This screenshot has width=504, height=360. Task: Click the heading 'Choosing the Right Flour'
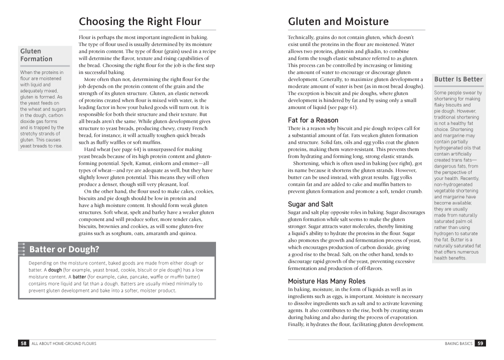click(140, 21)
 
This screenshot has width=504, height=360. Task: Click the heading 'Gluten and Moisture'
click(338, 21)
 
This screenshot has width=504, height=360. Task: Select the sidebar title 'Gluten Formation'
click(36, 55)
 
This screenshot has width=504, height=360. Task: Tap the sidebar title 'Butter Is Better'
click(458, 79)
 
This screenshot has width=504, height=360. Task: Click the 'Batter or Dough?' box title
click(64, 249)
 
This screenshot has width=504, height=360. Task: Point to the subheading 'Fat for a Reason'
click(313, 120)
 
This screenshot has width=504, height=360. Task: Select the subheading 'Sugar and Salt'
click(310, 204)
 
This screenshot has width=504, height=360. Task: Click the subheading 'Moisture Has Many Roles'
click(326, 281)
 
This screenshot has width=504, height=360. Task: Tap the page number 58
click(23, 343)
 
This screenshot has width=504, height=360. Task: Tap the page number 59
click(480, 343)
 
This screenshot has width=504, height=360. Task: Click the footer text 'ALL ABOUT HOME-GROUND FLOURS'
click(64, 343)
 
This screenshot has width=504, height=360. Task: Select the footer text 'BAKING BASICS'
click(458, 343)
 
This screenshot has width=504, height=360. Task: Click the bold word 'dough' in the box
click(55, 270)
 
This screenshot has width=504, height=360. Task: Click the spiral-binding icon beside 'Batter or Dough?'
click(21, 249)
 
